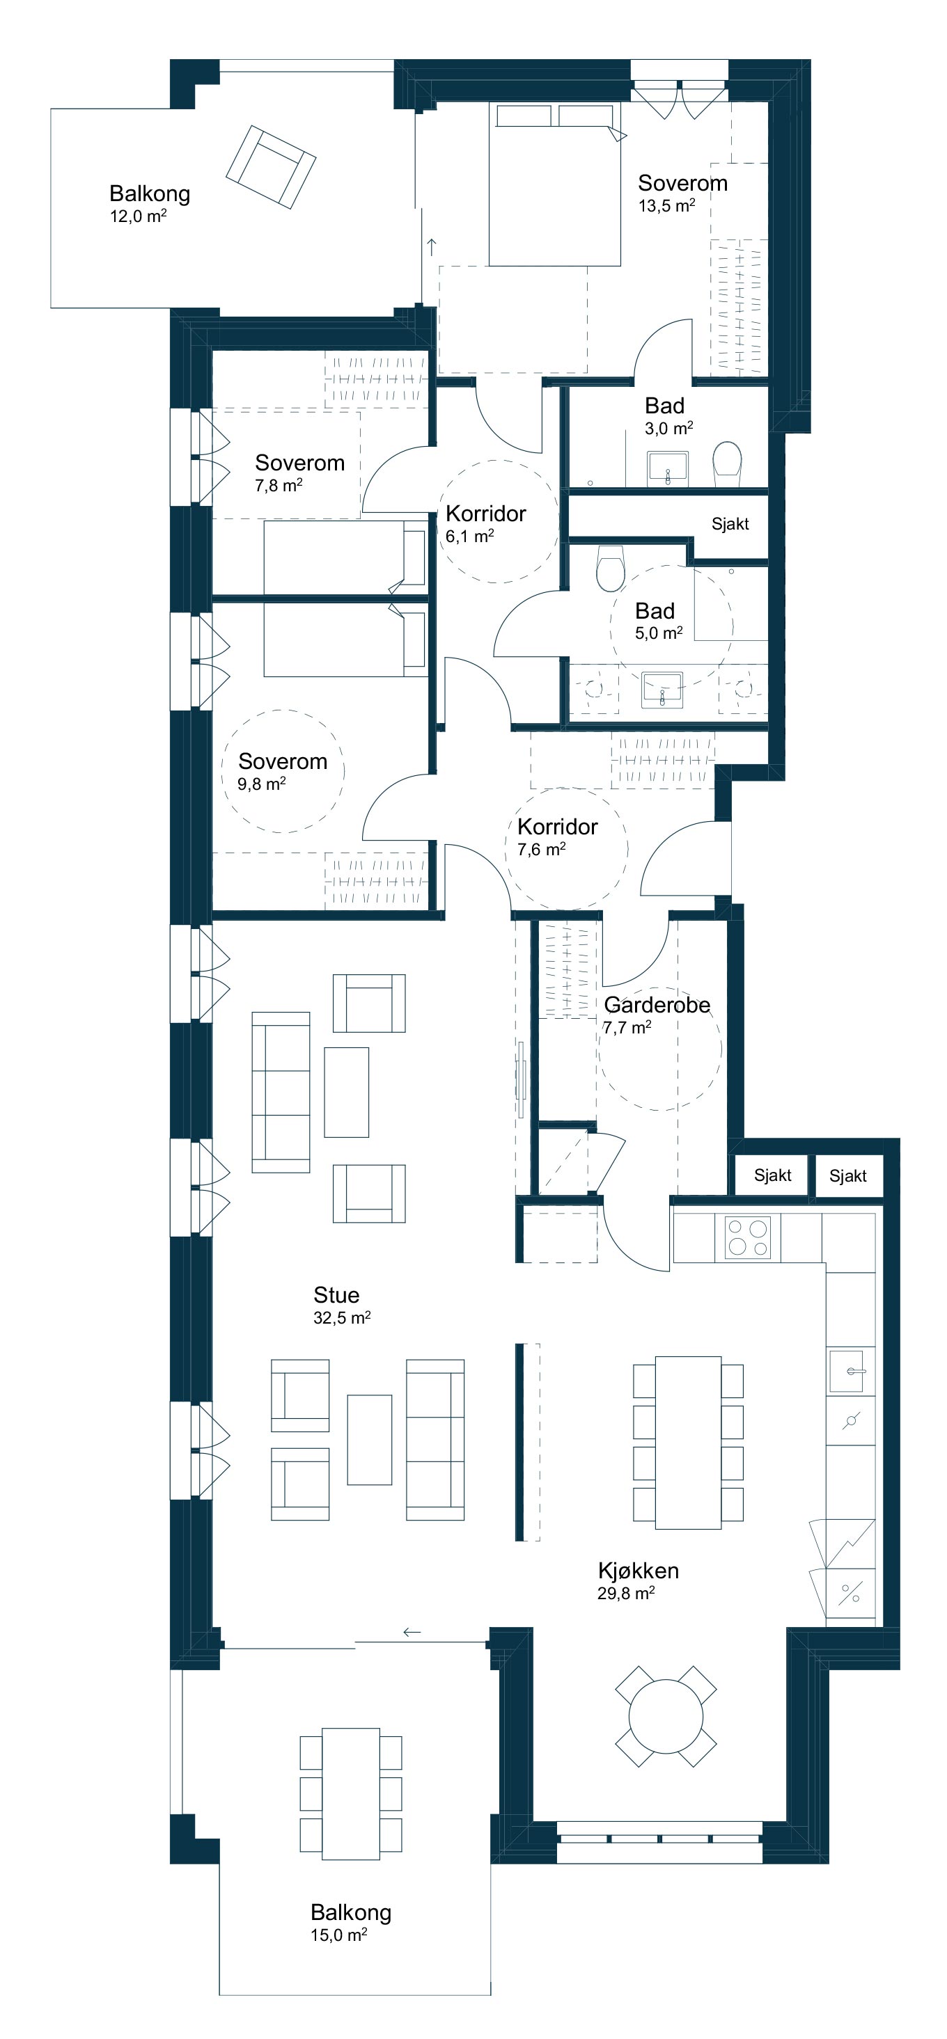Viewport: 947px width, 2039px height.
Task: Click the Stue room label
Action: pyautogui.click(x=336, y=1295)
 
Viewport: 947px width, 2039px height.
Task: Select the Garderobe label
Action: pyautogui.click(x=657, y=1004)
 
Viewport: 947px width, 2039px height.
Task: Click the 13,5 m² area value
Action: pyautogui.click(x=666, y=206)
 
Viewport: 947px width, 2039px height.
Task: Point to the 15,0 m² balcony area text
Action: pyautogui.click(x=338, y=1935)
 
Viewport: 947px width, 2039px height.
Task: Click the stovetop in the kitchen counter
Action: pyautogui.click(x=747, y=1237)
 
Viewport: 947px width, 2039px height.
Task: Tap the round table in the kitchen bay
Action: pyautogui.click(x=666, y=1716)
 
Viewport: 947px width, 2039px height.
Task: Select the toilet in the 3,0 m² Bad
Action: pyautogui.click(x=727, y=464)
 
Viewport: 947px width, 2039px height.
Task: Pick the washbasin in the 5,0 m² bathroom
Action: pyautogui.click(x=661, y=690)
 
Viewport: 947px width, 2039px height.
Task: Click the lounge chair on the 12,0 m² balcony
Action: pyautogui.click(x=271, y=166)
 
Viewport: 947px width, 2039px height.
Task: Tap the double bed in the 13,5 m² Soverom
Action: pyautogui.click(x=554, y=184)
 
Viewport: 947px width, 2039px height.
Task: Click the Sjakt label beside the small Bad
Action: pyautogui.click(x=730, y=523)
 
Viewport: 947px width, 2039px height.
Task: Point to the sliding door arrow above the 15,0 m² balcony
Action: pyautogui.click(x=412, y=1631)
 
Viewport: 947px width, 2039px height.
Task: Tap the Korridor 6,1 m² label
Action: pyautogui.click(x=485, y=523)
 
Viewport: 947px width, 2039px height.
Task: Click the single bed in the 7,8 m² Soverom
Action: pyautogui.click(x=345, y=557)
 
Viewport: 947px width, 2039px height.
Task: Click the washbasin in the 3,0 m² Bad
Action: pyautogui.click(x=668, y=468)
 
